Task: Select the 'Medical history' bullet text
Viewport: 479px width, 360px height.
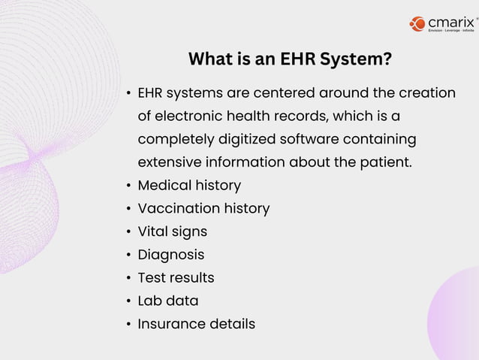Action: [189, 185]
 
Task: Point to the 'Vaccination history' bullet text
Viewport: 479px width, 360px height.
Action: [203, 208]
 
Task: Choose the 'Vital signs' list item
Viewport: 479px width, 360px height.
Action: [172, 231]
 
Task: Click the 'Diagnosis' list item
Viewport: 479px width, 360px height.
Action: [170, 255]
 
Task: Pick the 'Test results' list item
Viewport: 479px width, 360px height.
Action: [176, 278]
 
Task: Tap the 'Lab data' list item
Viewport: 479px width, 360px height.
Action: [168, 301]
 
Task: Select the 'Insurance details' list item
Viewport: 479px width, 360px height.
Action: [196, 324]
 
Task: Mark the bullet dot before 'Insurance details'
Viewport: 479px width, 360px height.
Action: [129, 325]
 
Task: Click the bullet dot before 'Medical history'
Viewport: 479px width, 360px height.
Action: [129, 186]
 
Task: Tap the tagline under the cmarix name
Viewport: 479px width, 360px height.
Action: [450, 31]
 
